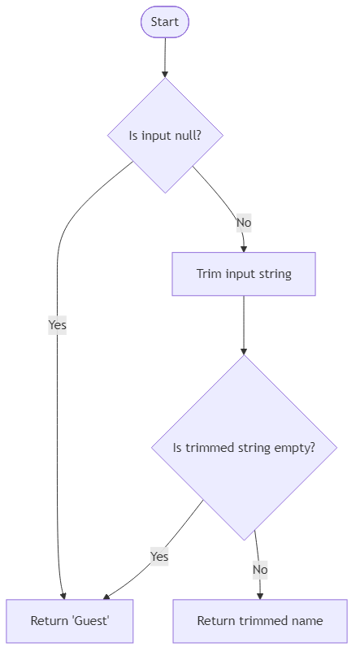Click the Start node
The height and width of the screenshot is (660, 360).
(165, 22)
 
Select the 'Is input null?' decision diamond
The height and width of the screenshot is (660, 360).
(165, 135)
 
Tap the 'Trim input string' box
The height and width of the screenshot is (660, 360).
(244, 274)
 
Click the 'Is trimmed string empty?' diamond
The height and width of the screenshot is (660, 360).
(244, 448)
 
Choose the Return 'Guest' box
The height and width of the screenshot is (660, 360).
(70, 621)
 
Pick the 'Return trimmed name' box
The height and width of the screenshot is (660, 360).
(260, 621)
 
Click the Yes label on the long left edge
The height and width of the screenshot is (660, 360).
(57, 325)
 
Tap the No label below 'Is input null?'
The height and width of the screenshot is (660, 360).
(243, 223)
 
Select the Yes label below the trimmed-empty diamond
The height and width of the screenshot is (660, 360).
(159, 557)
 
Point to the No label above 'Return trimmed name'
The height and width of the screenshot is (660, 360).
(259, 570)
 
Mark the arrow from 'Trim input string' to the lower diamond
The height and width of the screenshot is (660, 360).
(244, 325)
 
